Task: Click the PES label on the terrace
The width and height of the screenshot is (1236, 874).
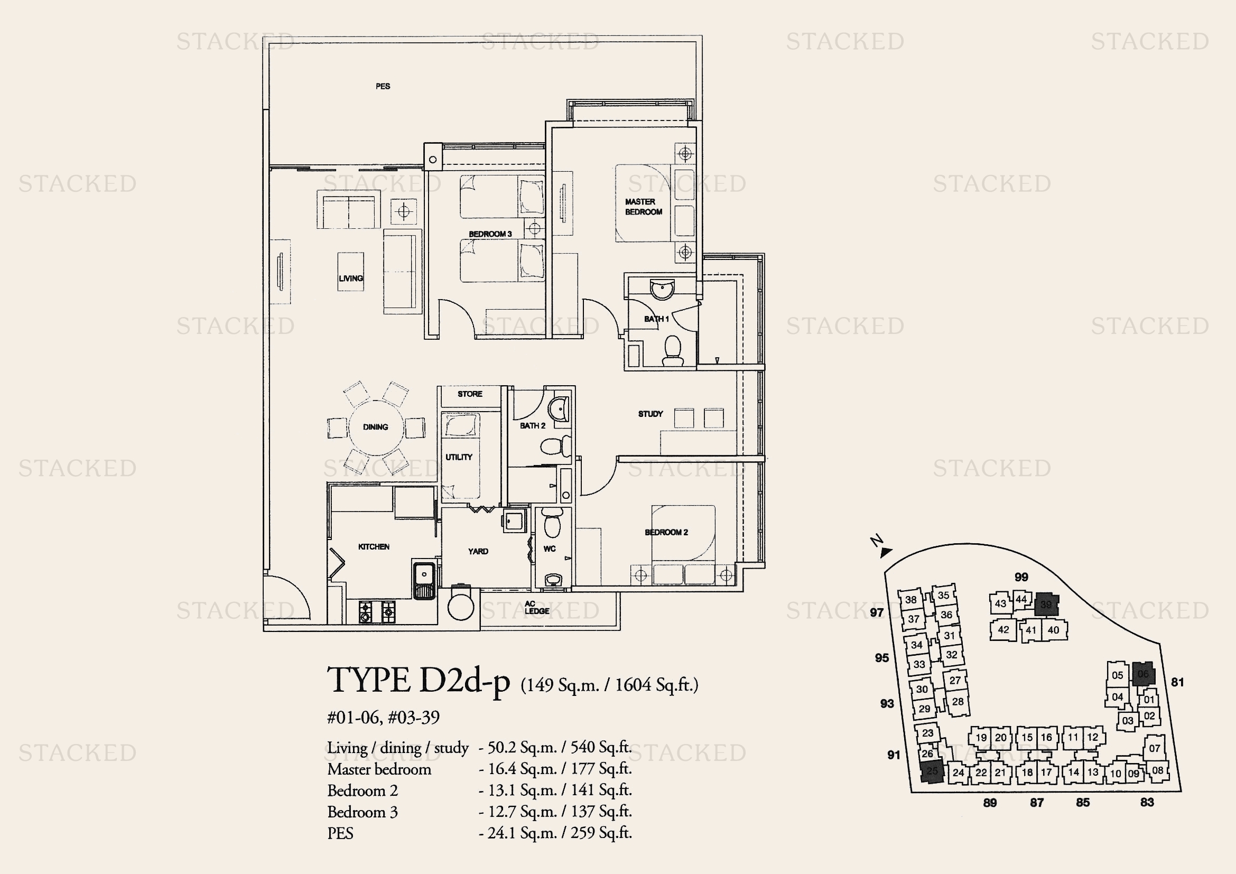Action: coord(383,86)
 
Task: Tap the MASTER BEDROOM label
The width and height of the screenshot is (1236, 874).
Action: coord(643,207)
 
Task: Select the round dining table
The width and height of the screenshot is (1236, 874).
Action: coord(375,427)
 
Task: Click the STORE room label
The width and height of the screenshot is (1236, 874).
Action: coord(470,394)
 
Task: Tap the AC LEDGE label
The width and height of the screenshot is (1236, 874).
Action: coord(536,608)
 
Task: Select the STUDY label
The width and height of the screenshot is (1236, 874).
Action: coord(650,414)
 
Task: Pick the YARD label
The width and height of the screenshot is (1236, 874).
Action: coord(478,551)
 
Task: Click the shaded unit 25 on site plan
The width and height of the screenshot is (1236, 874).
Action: coord(932,771)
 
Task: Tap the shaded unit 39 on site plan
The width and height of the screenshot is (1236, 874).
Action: coord(1046,605)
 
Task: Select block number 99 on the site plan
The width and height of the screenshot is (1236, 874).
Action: coord(1021,578)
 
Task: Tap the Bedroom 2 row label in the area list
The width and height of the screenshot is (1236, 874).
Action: coord(363,791)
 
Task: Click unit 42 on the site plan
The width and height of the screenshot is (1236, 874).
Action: coord(1003,630)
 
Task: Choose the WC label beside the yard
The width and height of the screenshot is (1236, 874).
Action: coord(549,549)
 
